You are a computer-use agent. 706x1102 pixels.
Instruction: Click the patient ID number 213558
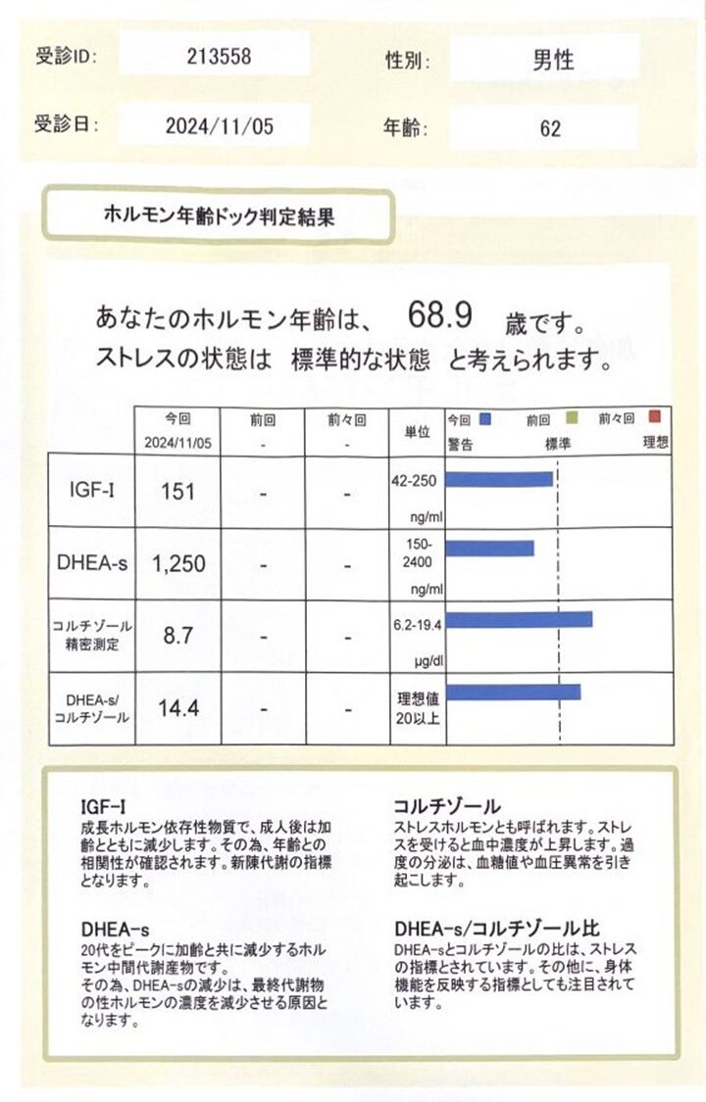[x=218, y=57]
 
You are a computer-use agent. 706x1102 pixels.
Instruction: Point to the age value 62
[x=550, y=128]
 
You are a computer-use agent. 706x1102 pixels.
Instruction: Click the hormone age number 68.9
[x=441, y=315]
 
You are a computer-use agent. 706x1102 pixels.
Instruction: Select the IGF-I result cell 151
[x=177, y=491]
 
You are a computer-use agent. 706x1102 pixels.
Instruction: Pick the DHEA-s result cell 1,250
[x=177, y=563]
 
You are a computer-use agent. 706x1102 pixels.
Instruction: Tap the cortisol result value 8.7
[x=177, y=635]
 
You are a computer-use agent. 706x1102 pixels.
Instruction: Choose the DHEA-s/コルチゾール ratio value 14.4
[x=178, y=707]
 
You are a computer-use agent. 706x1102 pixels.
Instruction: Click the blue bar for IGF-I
[x=499, y=479]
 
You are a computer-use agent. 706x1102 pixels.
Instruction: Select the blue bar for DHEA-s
[x=490, y=548]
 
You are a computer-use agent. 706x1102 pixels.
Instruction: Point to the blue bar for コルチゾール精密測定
[x=519, y=619]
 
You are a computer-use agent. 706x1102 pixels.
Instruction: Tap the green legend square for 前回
[x=574, y=418]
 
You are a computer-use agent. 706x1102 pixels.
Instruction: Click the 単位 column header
[x=416, y=431]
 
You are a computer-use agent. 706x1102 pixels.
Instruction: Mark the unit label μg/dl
[x=427, y=661]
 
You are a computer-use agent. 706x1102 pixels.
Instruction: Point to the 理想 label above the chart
[x=656, y=443]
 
